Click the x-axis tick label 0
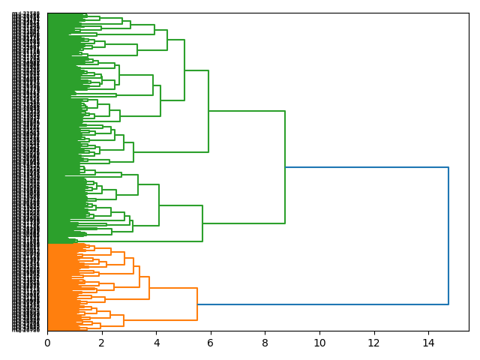[47, 343]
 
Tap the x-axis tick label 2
[102, 343]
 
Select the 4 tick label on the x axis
[156, 343]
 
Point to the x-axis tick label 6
[211, 343]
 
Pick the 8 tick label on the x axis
[265, 343]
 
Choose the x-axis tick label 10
[319, 343]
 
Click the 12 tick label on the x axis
[374, 343]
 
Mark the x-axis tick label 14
[428, 343]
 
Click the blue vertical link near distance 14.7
[448, 235]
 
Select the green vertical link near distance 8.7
[285, 166]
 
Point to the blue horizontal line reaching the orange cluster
[322, 304]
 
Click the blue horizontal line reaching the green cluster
[367, 166]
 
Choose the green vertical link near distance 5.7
[202, 223]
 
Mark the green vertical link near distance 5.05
[184, 70]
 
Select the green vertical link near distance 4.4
[167, 40]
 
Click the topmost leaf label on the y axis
[26, 14]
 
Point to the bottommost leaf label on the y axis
[26, 329]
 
